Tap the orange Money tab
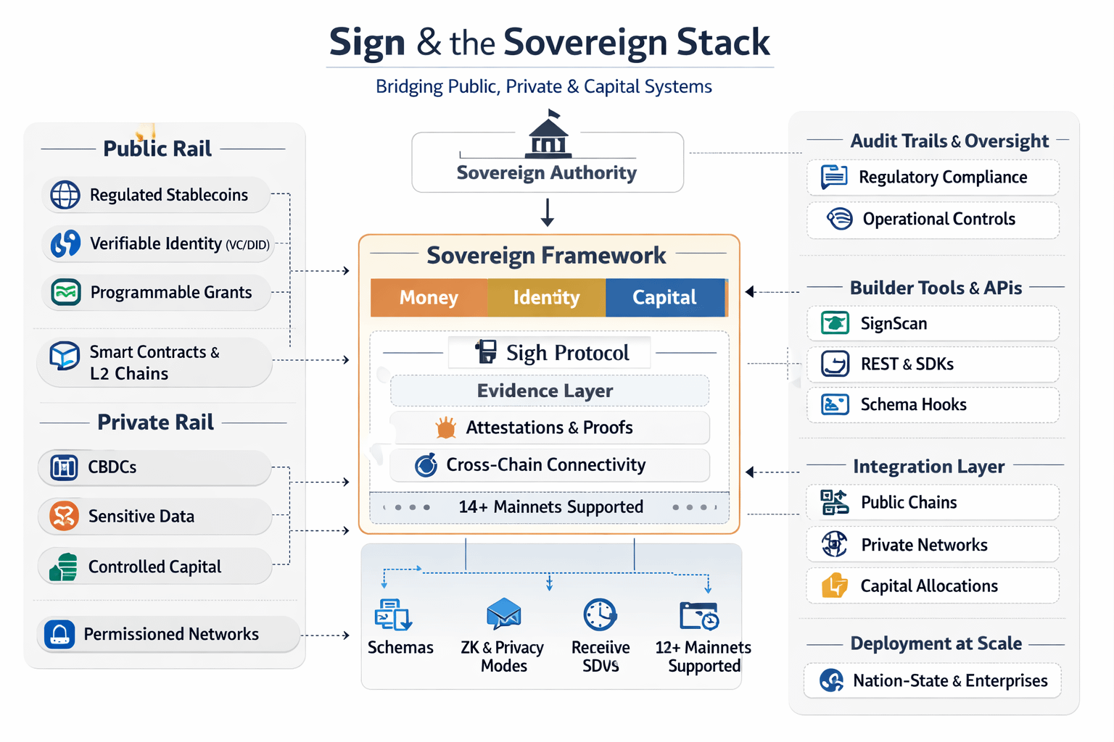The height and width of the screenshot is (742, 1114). [x=429, y=298]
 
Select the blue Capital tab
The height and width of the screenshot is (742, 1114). [x=664, y=298]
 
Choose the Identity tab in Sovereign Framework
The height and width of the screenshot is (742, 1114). [x=546, y=298]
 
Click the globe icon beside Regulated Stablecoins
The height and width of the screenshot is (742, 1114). [x=65, y=195]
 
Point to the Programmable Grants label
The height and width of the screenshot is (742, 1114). [x=171, y=293]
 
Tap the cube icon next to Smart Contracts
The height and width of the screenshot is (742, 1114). [x=65, y=356]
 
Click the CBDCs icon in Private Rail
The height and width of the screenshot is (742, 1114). [x=64, y=467]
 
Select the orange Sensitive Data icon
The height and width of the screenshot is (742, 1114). [x=64, y=517]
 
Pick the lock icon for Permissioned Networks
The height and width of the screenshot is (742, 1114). [x=59, y=635]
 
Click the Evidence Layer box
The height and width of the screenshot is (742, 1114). [x=549, y=391]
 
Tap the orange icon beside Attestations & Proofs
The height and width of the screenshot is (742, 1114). [x=446, y=428]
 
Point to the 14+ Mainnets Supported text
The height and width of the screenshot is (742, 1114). [x=550, y=507]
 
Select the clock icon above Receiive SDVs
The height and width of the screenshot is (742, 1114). [x=601, y=615]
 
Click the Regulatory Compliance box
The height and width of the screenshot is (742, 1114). [x=933, y=178]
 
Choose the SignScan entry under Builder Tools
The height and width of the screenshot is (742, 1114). [x=933, y=324]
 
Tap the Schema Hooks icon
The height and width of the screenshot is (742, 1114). [x=835, y=404]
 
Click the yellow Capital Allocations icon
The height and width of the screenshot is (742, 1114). [x=835, y=585]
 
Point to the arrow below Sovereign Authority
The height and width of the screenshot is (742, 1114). [x=548, y=212]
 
